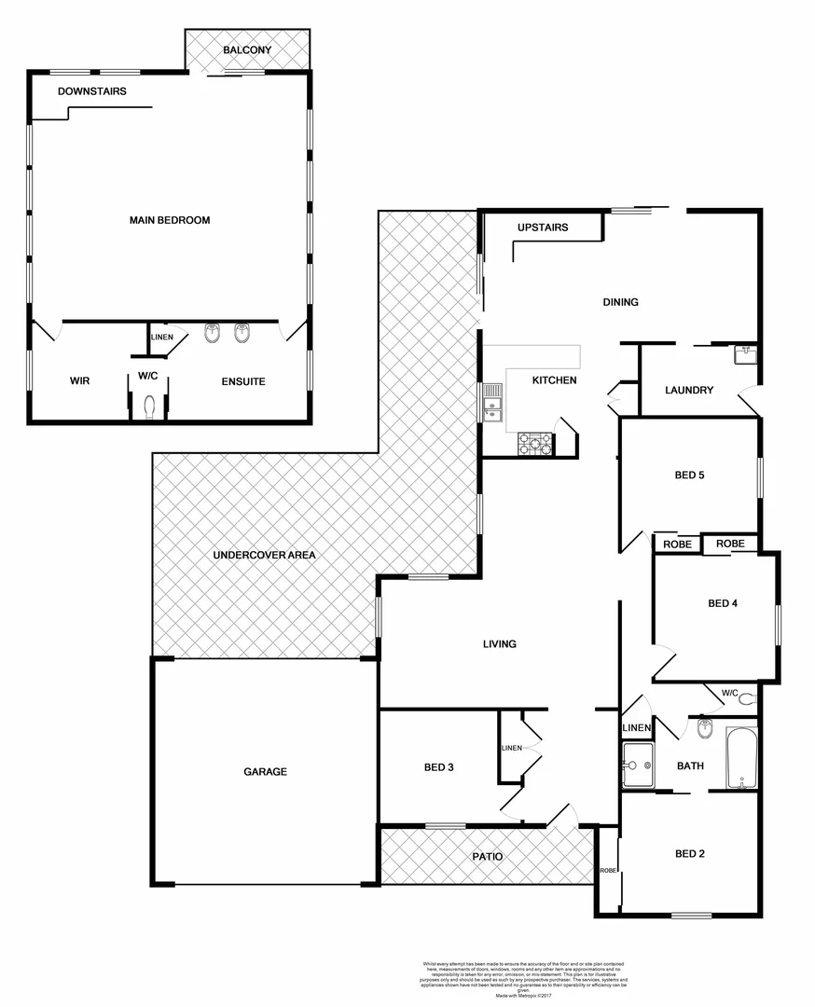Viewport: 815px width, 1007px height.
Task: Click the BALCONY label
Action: [x=247, y=49]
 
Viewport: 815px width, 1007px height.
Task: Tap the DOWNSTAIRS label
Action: [x=91, y=91]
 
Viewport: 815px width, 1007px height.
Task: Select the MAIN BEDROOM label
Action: [x=170, y=221]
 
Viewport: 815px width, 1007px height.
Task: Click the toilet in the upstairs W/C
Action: [x=149, y=406]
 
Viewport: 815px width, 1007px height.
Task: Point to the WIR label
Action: [x=79, y=381]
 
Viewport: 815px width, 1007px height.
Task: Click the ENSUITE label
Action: [x=243, y=381]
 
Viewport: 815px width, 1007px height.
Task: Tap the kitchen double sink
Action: [x=492, y=405]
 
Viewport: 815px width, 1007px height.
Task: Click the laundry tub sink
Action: [x=745, y=354]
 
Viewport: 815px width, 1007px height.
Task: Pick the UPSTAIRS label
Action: [x=543, y=228]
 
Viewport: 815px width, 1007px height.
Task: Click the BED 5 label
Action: [x=689, y=476]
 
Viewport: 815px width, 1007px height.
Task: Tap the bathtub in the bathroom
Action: [x=742, y=757]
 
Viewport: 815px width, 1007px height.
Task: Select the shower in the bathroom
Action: [x=639, y=765]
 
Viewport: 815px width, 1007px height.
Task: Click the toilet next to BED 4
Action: [x=746, y=697]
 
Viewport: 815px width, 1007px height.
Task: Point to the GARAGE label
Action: [x=266, y=772]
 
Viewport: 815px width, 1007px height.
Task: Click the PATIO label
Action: [x=487, y=856]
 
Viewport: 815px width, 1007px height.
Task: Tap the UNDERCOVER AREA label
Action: [x=265, y=555]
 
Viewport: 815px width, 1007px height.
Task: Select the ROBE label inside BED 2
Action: [x=608, y=869]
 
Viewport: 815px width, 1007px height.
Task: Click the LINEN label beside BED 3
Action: [x=511, y=748]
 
